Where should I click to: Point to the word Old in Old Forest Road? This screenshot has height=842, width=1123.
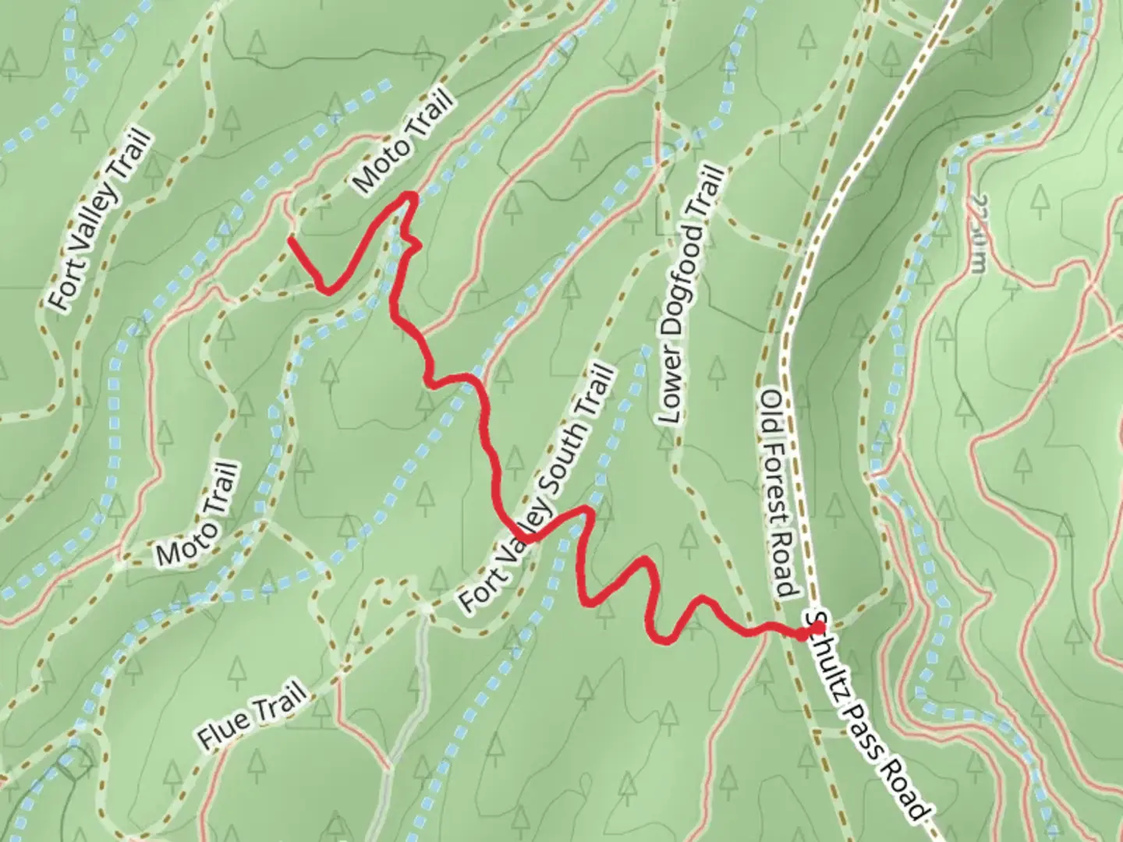[771, 405]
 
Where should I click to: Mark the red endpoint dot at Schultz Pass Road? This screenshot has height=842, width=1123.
[802, 635]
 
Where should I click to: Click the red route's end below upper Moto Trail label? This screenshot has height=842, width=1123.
[291, 239]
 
